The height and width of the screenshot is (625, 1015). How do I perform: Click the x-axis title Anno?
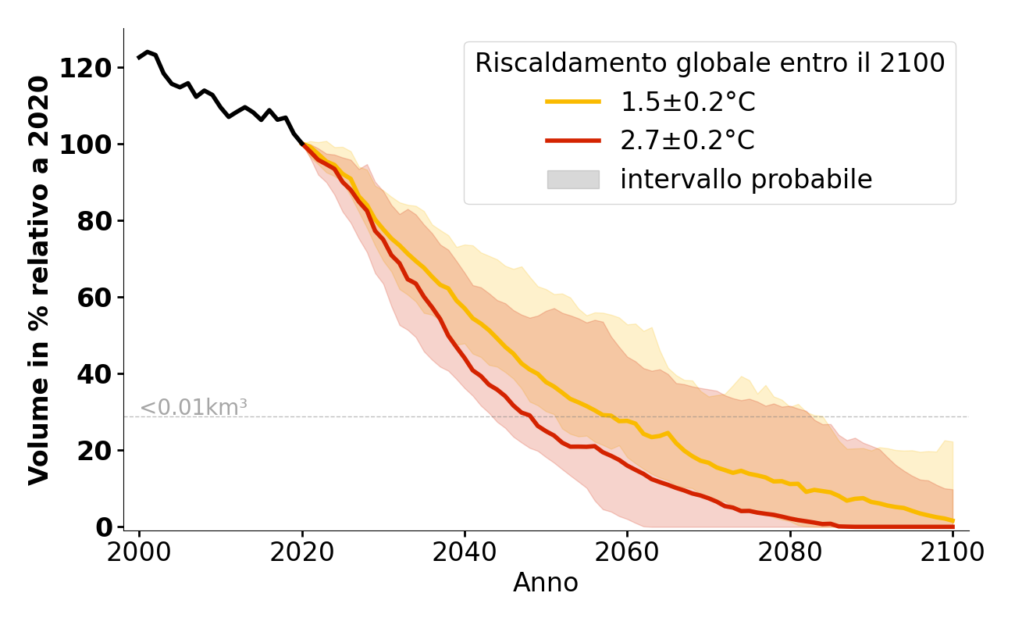[546, 584]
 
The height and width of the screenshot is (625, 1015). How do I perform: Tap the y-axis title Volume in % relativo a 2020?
[41, 280]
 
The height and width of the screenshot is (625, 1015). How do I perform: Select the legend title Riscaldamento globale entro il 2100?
[710, 63]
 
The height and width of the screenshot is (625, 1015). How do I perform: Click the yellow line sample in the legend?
[573, 102]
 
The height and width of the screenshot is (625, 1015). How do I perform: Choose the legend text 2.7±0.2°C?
[687, 141]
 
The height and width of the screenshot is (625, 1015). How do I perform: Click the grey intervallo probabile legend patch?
[573, 180]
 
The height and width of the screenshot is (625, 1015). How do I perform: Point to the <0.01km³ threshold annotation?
[194, 407]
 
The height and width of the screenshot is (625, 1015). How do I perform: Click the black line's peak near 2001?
[148, 52]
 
